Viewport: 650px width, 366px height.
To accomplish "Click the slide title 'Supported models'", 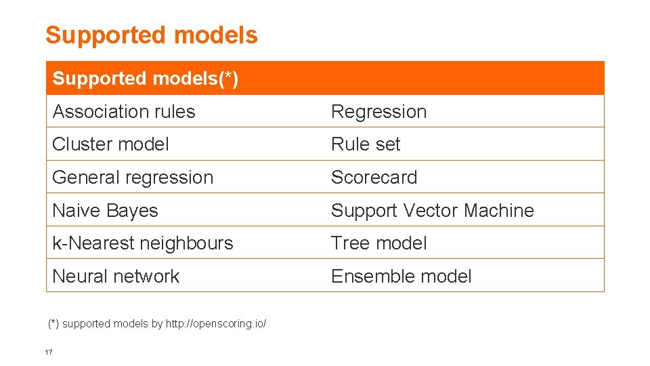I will point(151,35).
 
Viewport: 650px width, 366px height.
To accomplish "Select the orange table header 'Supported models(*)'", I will point(145,79).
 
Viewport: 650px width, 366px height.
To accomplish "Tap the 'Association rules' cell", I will point(123,112).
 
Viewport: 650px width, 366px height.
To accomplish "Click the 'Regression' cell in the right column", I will point(378,112).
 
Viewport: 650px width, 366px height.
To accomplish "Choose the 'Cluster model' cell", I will point(110,144).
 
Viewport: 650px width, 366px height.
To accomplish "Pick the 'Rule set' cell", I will point(366,144).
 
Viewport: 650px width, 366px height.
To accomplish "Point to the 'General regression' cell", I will point(133,178).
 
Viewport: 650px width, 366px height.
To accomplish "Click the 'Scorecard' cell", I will point(374,178).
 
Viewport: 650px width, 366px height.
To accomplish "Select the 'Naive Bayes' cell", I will point(105,211).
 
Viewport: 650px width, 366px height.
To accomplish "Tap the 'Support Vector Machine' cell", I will point(432,211).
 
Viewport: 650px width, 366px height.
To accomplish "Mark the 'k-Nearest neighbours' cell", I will point(142,243).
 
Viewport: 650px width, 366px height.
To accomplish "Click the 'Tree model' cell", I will point(378,243).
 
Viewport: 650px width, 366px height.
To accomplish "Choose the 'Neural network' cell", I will point(116,277).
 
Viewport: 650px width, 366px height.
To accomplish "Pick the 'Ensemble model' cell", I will point(401,277).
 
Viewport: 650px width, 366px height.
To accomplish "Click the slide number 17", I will point(48,352).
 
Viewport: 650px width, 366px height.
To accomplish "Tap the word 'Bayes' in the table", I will point(135,211).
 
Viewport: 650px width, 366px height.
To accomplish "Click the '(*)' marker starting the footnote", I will point(53,324).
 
